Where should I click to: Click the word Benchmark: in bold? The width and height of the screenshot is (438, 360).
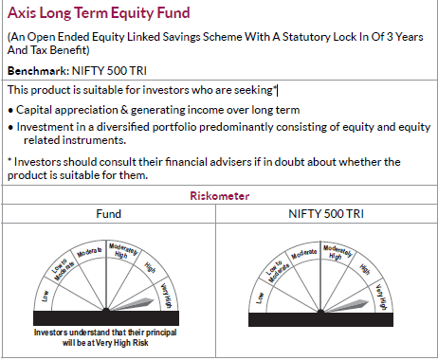coord(35,71)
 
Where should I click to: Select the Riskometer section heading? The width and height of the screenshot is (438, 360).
coord(219,196)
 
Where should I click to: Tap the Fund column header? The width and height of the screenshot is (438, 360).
coord(109,214)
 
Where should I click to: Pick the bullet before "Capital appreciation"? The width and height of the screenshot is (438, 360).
coord(10,109)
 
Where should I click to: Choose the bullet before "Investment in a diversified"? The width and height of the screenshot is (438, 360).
coord(10,126)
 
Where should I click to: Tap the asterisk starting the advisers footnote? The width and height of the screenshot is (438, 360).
coord(10,161)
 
